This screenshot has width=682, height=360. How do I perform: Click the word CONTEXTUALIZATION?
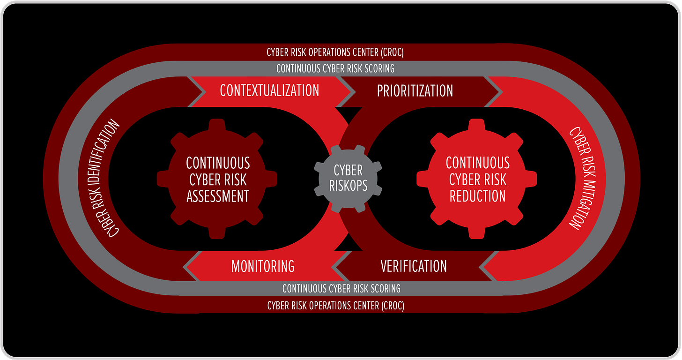[269, 90]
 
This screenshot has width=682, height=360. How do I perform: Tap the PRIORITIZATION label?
[415, 90]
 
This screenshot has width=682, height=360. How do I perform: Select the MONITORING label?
[263, 266]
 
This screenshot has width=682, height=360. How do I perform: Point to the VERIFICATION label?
[414, 266]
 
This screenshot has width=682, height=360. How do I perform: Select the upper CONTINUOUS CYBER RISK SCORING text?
[335, 68]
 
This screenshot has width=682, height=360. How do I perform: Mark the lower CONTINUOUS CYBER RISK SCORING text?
[341, 288]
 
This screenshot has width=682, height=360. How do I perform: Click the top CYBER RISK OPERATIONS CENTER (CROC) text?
[335, 52]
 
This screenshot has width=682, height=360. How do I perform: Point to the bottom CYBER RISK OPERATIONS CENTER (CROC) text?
[335, 306]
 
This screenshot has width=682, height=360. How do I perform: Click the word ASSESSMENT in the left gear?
[218, 196]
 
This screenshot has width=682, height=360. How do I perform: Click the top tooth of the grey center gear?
[348, 150]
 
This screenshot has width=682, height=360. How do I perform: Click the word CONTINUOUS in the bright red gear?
[477, 163]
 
